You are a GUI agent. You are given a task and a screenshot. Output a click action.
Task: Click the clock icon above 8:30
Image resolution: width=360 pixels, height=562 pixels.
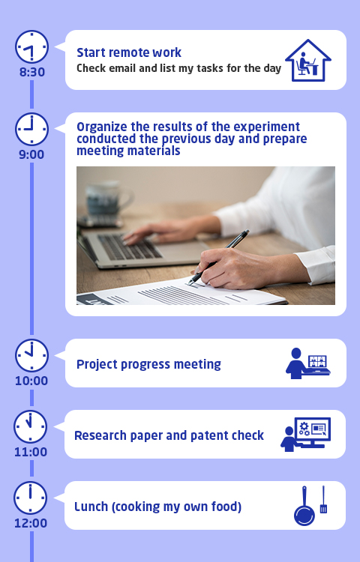tap(31, 46)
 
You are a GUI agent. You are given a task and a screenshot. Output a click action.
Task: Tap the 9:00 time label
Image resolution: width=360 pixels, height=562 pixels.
tap(31, 154)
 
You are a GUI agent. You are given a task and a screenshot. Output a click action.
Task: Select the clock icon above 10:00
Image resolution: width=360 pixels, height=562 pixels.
tap(31, 355)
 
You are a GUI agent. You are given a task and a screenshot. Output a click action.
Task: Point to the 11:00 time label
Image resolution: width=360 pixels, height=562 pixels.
tap(31, 452)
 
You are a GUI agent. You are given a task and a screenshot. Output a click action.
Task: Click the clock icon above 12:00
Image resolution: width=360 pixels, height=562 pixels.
tap(31, 498)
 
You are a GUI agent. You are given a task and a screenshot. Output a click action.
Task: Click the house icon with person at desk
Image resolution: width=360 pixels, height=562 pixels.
tap(308, 60)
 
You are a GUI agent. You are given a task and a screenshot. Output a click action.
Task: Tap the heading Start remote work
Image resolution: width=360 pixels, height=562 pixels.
tap(129, 52)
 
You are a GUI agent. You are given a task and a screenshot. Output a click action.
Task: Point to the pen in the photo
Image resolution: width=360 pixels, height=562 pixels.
tap(219, 257)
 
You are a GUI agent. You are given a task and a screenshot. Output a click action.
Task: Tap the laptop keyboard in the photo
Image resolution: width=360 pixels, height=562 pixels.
tap(130, 247)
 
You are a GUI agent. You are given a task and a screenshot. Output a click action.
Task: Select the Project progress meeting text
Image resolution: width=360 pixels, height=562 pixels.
tap(148, 364)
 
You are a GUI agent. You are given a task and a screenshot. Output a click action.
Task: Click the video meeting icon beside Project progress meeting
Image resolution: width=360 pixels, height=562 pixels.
tap(308, 363)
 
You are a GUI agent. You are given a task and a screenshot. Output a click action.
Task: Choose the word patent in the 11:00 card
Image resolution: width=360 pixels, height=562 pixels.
tap(210, 435)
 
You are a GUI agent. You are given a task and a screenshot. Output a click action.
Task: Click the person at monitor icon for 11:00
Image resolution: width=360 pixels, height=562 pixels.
tap(305, 435)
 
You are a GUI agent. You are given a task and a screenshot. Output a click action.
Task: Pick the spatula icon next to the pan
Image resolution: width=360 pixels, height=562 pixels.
tap(323, 499)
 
